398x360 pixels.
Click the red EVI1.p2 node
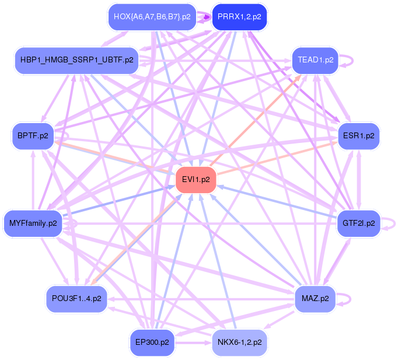pos(196,180)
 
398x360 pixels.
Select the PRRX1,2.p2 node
pos(239,17)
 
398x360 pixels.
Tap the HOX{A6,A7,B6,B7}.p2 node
pos(152,17)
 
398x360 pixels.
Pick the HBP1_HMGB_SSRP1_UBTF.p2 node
pos(76,60)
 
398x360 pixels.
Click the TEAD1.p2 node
pos(315,60)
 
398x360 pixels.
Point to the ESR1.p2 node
pos(358,136)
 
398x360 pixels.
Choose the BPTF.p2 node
pos(32,136)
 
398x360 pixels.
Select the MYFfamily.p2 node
pos(33,223)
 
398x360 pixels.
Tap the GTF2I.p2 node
pos(358,223)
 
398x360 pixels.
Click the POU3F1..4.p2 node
pos(76,298)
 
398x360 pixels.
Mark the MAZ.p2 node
pos(315,298)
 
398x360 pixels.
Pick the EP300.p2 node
pos(152,342)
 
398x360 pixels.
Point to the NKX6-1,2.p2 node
pos(239,342)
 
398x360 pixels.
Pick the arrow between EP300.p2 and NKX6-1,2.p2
pos(193,342)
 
